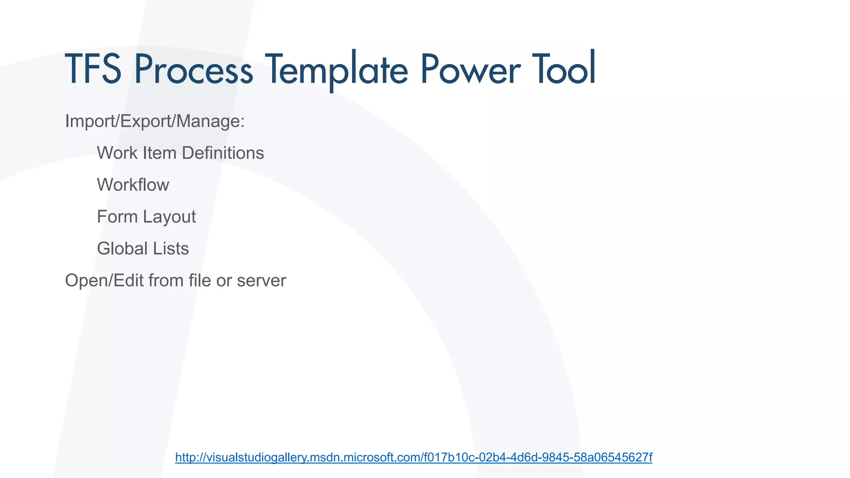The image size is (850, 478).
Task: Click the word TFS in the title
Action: [93, 69]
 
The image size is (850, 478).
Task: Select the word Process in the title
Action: [193, 69]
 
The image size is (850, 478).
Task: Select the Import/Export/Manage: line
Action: [155, 121]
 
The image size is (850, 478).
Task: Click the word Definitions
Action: [223, 153]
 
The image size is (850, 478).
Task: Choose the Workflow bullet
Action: [133, 185]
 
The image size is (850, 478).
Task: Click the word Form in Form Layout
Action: [117, 217]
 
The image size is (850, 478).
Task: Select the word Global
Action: [122, 249]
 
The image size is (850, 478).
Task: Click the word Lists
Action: [171, 249]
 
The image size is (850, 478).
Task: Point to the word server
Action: [261, 281]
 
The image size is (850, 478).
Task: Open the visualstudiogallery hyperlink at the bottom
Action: [413, 457]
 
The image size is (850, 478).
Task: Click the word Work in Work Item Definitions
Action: [117, 153]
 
